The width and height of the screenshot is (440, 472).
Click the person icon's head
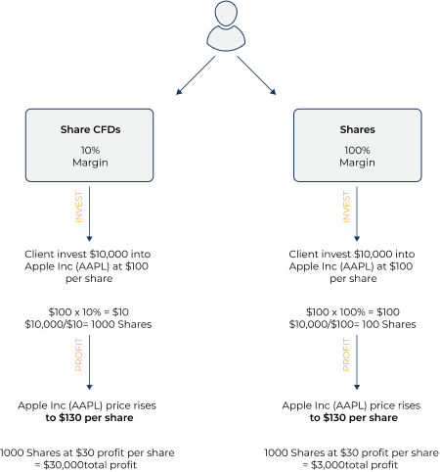[x=226, y=14]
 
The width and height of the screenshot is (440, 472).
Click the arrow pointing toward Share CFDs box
[x=196, y=75]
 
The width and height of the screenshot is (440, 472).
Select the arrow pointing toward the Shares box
[x=256, y=75]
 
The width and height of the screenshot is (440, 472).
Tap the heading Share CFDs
[x=90, y=129]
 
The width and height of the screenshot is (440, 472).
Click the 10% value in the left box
[x=90, y=150]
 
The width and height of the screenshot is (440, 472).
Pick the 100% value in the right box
[x=357, y=150]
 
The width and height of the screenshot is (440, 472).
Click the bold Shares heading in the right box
[x=357, y=129]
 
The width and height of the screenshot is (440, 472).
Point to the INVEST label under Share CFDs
[x=79, y=207]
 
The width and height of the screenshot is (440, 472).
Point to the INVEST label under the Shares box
[x=346, y=207]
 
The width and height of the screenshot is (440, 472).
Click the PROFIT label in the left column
[x=79, y=354]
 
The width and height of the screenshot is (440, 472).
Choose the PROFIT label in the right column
[x=346, y=354]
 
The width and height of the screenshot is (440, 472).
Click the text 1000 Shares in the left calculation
[x=121, y=324]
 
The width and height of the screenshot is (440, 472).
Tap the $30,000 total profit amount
[x=64, y=465]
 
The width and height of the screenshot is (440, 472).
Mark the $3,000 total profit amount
[x=328, y=465]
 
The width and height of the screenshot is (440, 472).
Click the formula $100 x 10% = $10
[x=89, y=312]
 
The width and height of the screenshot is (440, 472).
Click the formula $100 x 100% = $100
[x=353, y=312]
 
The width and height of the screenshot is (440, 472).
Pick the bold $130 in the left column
[x=70, y=418]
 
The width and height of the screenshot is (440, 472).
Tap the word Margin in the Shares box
[x=357, y=163]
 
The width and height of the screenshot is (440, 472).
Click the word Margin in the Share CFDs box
[x=90, y=163]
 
